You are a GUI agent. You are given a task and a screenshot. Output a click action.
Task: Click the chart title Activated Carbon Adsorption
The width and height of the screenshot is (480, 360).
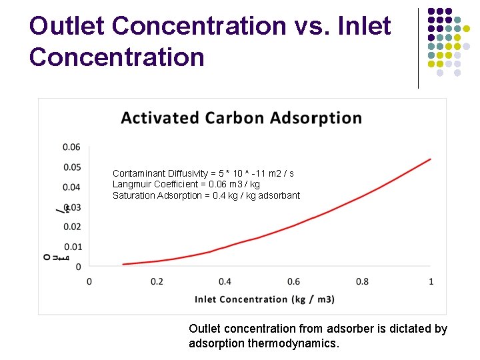pyautogui.click(x=241, y=119)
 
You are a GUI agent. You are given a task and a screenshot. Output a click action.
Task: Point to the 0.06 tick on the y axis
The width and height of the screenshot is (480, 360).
pyautogui.click(x=71, y=147)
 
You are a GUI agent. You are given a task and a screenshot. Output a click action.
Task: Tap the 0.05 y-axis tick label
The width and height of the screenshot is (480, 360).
pyautogui.click(x=71, y=167)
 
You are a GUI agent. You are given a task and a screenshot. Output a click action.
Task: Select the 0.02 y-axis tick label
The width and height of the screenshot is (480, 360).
pyautogui.click(x=71, y=227)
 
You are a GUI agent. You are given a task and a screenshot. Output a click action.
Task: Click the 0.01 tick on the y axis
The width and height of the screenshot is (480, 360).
pyautogui.click(x=71, y=247)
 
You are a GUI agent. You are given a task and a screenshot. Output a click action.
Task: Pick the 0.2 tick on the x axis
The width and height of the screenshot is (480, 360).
pyautogui.click(x=157, y=281)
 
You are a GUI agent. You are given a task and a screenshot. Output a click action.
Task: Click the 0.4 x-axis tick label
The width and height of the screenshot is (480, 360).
pyautogui.click(x=225, y=281)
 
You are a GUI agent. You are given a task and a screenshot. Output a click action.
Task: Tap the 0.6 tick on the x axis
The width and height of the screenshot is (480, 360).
pyautogui.click(x=293, y=281)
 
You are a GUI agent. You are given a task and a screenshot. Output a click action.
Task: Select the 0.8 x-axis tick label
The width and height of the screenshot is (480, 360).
pyautogui.click(x=362, y=281)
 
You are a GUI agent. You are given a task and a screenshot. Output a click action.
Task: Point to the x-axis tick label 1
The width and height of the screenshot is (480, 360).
pyautogui.click(x=431, y=281)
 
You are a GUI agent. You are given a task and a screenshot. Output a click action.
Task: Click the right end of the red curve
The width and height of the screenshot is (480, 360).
pyautogui.click(x=431, y=159)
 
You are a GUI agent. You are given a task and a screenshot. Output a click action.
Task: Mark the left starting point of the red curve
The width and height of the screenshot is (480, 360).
pyautogui.click(x=123, y=265)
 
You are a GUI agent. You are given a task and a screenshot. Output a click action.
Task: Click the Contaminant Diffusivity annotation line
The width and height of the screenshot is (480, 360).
pyautogui.click(x=203, y=173)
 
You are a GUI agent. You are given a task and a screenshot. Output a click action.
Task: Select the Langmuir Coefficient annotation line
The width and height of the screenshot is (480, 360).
pyautogui.click(x=186, y=184)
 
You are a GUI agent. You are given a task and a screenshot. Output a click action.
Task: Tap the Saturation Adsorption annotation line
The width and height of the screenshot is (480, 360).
pyautogui.click(x=206, y=195)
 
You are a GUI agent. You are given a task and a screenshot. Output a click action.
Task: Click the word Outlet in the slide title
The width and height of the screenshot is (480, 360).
pyautogui.click(x=68, y=27)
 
